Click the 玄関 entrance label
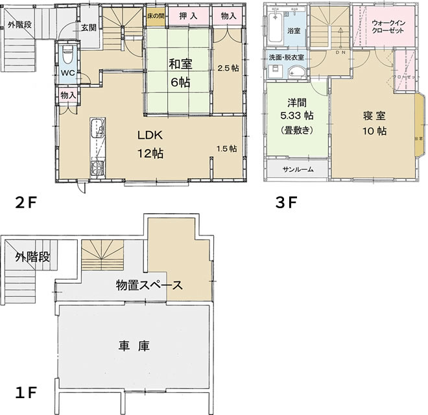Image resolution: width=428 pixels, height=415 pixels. point(89,27)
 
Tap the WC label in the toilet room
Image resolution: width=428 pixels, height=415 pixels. point(67,73)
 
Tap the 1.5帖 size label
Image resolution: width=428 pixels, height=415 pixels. point(226,148)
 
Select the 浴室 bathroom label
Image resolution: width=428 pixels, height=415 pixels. point(293,29)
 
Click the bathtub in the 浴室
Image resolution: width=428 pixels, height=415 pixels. point(274,29)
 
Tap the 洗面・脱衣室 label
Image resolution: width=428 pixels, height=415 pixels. point(287,58)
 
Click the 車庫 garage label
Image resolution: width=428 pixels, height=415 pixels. point(135,346)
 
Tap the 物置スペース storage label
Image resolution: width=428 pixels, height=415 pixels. point(149,285)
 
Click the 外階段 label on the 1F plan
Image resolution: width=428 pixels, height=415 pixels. point(32,257)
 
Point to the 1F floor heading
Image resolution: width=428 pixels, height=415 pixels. point(25,393)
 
